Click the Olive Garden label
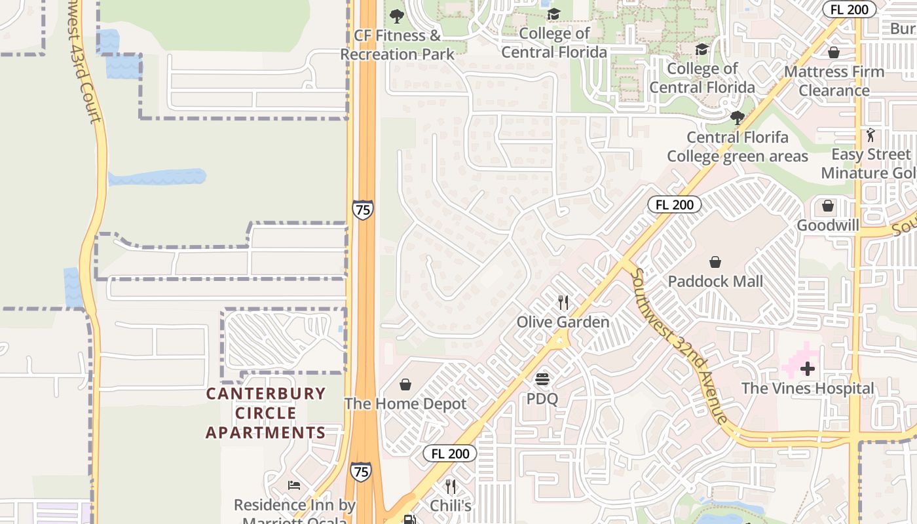[x=563, y=322]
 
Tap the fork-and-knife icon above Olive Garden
[x=563, y=302]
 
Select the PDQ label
[x=542, y=398]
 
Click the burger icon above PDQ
[x=542, y=379]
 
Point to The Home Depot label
[x=405, y=403]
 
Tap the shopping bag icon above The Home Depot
[x=405, y=384]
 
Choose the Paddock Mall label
[x=715, y=281]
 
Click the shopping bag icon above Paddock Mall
[x=715, y=262]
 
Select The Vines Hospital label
[x=808, y=388]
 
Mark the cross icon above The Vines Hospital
[x=808, y=369]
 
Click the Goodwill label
[x=828, y=225]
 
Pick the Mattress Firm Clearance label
[x=834, y=81]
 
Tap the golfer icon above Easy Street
[x=870, y=136]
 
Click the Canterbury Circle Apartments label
[x=266, y=413]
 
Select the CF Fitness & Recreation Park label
[x=397, y=45]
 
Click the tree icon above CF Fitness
[x=397, y=16]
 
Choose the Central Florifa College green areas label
[x=738, y=147]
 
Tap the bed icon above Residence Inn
[x=294, y=485]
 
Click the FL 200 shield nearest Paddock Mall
[x=675, y=204]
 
